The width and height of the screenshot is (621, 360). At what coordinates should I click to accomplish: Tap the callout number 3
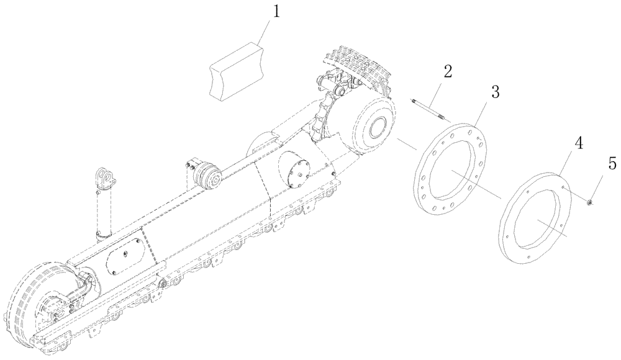495,92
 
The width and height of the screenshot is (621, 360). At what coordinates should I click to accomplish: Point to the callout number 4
579,143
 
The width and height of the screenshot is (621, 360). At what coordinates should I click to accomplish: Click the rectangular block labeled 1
235,70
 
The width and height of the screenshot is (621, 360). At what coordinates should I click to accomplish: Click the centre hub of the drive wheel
376,130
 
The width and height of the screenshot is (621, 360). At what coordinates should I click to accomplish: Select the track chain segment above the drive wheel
357,68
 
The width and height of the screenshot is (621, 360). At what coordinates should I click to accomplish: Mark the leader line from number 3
486,112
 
